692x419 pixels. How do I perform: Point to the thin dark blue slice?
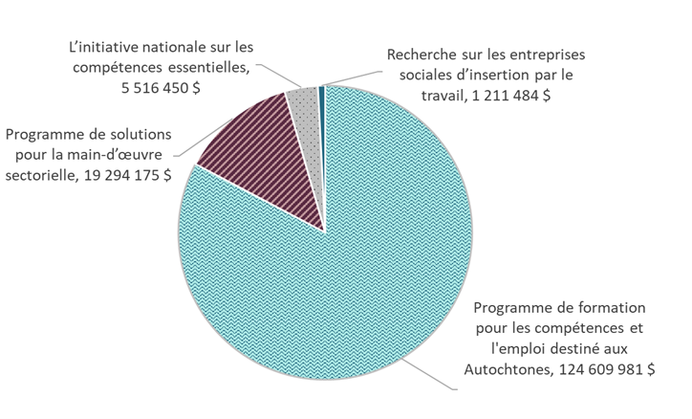click(x=322, y=92)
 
